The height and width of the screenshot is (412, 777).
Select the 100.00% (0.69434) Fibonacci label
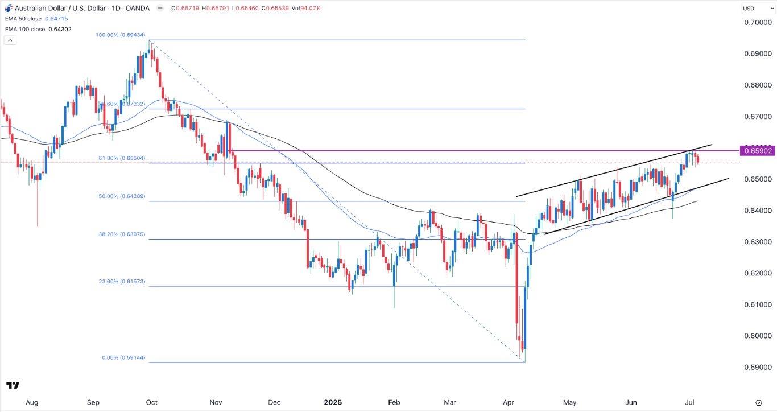(x=119, y=35)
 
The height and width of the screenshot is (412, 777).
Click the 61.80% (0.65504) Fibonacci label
(x=119, y=158)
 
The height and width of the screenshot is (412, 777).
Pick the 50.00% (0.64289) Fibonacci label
(x=121, y=196)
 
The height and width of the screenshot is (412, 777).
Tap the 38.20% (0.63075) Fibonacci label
(x=121, y=234)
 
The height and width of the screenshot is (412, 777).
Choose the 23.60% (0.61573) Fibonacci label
(x=121, y=282)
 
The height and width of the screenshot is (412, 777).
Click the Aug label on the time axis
(x=32, y=402)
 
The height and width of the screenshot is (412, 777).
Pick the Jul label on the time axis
(x=690, y=402)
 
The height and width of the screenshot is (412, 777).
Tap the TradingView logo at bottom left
(x=14, y=385)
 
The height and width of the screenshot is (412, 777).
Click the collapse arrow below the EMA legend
(x=10, y=40)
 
